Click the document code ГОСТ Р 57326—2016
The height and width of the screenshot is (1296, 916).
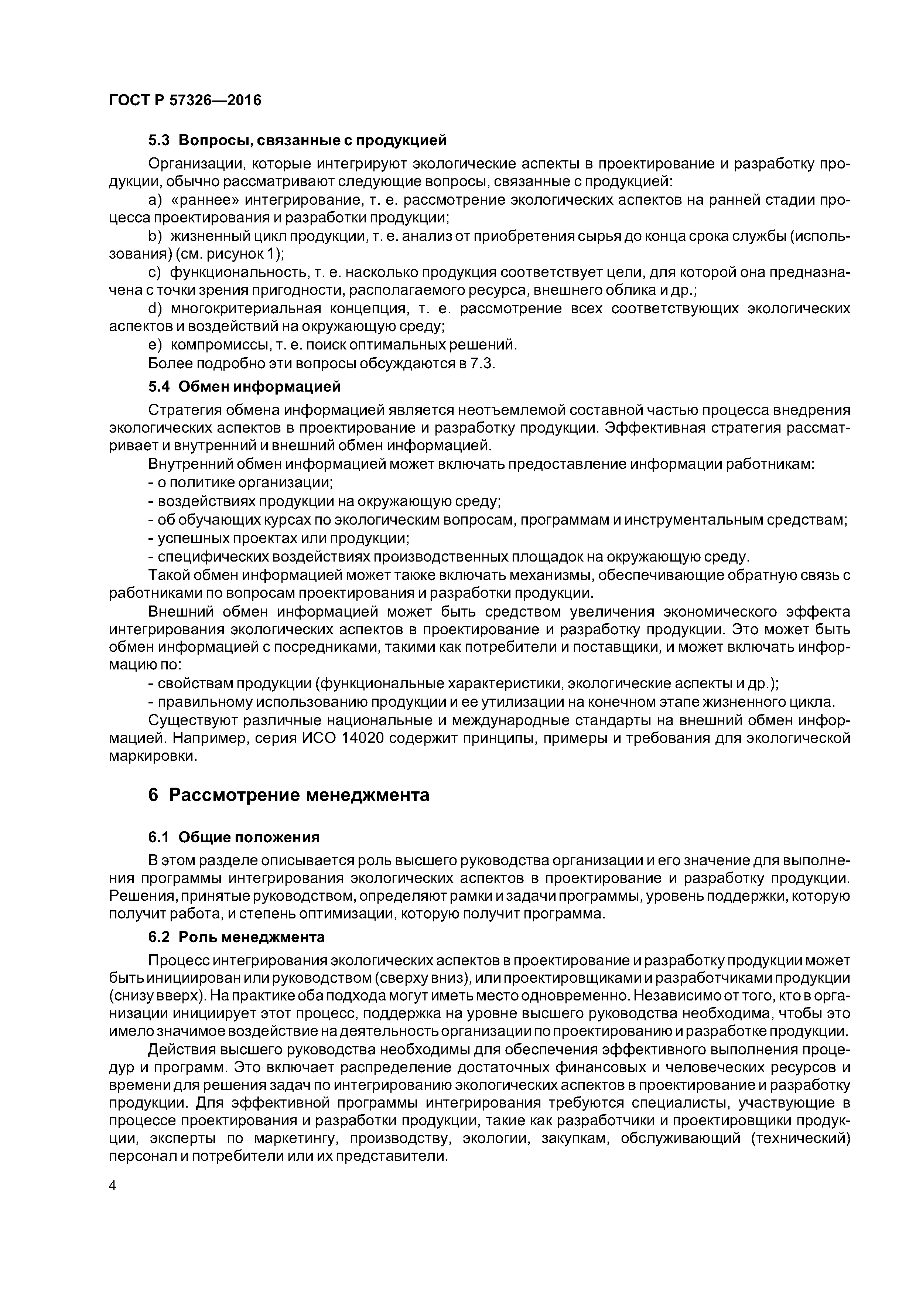coord(185,100)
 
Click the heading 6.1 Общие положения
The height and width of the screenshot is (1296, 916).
coord(234,837)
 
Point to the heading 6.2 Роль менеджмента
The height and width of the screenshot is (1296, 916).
coord(236,937)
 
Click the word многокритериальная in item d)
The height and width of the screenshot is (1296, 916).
coord(246,309)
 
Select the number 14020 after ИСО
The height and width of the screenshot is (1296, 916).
coord(369,738)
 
